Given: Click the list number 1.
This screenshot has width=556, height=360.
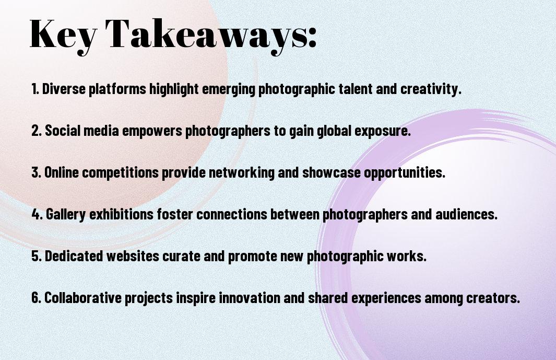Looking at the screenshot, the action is [35, 89].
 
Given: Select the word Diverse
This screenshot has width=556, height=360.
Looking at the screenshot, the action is [64, 89].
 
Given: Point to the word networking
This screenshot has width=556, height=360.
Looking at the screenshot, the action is [242, 173].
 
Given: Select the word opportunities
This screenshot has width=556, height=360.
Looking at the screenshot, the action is [405, 173].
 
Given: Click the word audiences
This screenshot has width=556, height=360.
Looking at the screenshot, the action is [466, 214].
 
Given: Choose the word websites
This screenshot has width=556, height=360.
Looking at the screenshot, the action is [133, 256].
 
